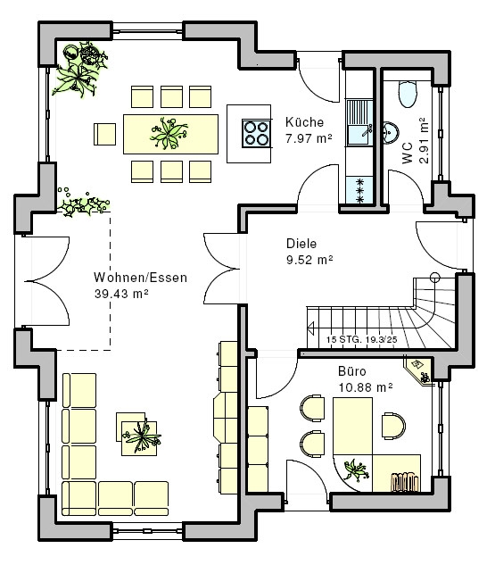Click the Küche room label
(x=304, y=122)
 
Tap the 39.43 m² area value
(x=121, y=294)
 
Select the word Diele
(x=301, y=244)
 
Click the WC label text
(x=408, y=154)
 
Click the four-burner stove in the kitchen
(x=256, y=133)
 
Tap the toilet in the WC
(x=408, y=94)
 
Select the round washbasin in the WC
(x=391, y=131)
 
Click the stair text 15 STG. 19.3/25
(x=362, y=339)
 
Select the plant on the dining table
(x=169, y=133)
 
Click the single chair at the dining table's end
(x=104, y=135)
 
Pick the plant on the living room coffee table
(x=142, y=436)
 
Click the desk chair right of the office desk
(x=393, y=426)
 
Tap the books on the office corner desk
(x=404, y=481)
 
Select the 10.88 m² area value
(x=366, y=387)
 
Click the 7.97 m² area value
(x=309, y=138)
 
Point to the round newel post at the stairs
(x=435, y=278)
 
